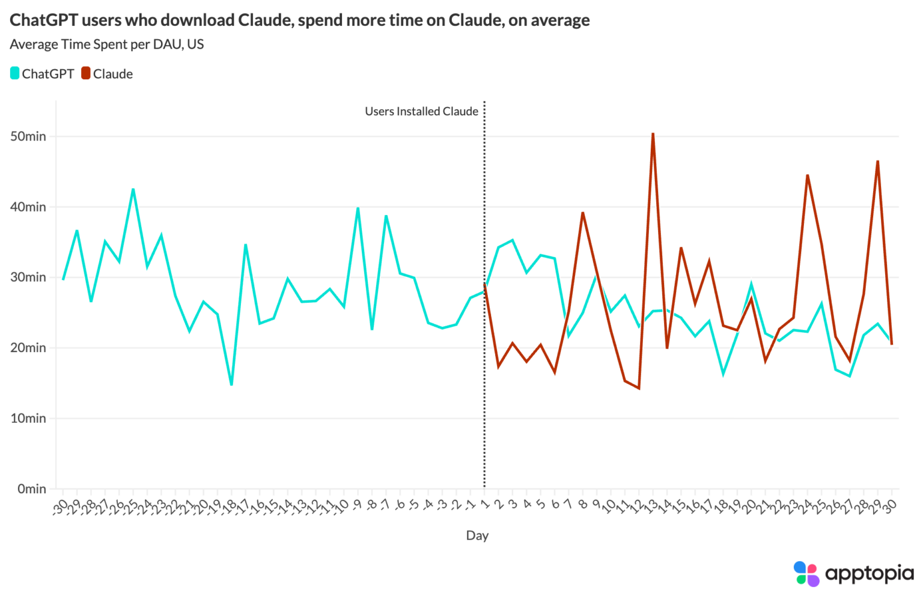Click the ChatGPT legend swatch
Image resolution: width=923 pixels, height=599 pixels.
click(15, 73)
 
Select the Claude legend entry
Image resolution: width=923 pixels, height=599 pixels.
click(107, 74)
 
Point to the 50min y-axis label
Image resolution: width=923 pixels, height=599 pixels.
click(28, 136)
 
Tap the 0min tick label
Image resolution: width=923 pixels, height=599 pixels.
click(32, 489)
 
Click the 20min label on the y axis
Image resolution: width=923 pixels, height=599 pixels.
click(28, 348)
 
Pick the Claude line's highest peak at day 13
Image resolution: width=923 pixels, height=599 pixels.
click(653, 133)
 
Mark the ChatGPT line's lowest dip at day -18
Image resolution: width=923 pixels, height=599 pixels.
click(231, 385)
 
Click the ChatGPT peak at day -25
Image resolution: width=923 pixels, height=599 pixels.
click(133, 189)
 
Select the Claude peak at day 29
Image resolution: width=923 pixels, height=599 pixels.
click(878, 161)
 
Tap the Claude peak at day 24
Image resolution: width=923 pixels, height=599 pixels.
click(808, 175)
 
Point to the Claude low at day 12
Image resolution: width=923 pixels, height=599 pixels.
click(639, 388)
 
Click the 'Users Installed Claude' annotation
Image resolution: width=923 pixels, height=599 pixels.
click(421, 111)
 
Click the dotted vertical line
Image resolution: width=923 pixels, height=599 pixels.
click(484, 294)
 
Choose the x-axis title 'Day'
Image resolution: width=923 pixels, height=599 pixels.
click(477, 535)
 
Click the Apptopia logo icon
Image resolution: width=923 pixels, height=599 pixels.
click(806, 573)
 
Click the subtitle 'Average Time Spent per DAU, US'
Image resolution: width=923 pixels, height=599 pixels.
click(107, 44)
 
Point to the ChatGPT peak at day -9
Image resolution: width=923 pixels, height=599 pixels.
click(358, 208)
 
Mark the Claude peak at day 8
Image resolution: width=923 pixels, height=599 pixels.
click(583, 213)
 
